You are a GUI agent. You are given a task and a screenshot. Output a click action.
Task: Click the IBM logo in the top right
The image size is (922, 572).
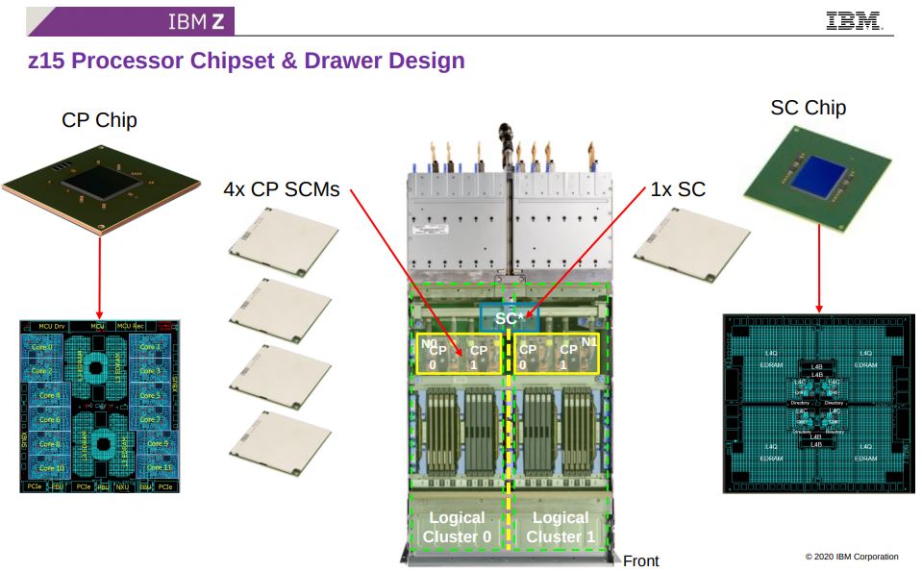(x=854, y=20)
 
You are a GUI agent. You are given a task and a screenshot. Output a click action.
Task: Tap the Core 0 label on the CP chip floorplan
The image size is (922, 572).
(x=42, y=346)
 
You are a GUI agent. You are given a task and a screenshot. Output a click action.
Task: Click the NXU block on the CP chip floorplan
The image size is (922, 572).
(x=123, y=487)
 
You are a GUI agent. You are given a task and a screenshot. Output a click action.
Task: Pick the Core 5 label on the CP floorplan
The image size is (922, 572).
(x=150, y=395)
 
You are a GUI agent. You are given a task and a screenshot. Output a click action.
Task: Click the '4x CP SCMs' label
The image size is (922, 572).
(x=281, y=189)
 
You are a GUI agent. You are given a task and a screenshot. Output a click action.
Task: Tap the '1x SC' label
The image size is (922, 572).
(x=677, y=189)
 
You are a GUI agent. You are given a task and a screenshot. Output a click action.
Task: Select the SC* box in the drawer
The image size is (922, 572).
(x=509, y=318)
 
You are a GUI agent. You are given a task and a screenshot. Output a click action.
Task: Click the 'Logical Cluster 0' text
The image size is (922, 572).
(x=457, y=527)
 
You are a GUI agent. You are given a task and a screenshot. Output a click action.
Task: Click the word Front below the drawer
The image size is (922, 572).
(x=641, y=560)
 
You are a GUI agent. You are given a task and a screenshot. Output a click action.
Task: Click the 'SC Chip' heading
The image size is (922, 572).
(x=808, y=108)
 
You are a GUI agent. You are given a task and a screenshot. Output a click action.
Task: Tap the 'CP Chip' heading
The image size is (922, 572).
(x=99, y=120)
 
